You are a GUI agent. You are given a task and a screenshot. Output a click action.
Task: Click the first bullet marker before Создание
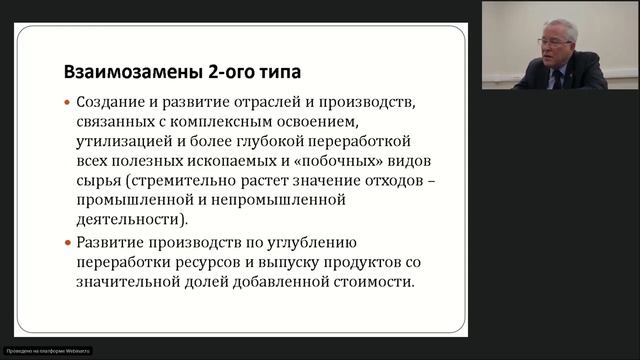click(67, 103)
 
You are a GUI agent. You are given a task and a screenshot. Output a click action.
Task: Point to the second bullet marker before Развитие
click(67, 243)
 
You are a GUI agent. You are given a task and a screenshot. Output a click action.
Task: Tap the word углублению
click(304, 243)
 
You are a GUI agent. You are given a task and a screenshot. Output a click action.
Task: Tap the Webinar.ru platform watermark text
click(46, 351)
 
